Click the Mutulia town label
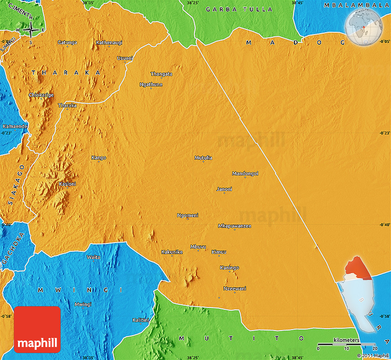coord(203,158)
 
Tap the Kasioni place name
coord(68,184)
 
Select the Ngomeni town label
coord(188,215)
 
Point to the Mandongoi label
coord(245,174)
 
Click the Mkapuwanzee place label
coord(235,226)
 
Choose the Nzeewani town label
coord(235,289)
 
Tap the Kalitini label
coord(141,320)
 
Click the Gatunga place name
coord(67,42)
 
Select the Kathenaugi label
coord(109,43)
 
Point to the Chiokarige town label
coord(41,95)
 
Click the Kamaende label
coord(15,126)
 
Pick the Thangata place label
coord(161,74)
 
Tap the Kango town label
coord(99,158)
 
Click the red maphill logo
coord(38,329)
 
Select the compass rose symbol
coord(31,30)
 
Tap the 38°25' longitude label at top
coord(193,3)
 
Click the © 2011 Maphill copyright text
coord(374,355)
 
